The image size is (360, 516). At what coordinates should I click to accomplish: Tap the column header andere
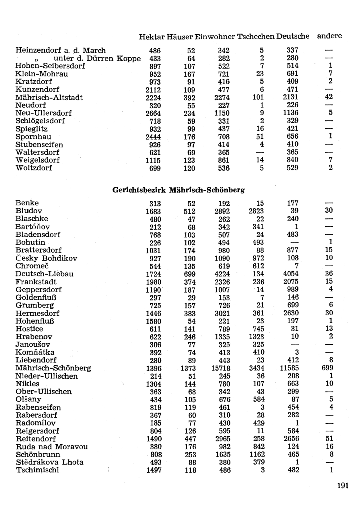coord(329,36)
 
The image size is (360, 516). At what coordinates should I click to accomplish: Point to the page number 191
coord(343,486)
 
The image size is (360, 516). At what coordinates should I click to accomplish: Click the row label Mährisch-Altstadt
coord(49,98)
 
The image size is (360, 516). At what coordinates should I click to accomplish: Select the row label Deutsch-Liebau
coord(44,274)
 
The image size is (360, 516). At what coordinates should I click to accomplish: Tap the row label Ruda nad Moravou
coord(51,447)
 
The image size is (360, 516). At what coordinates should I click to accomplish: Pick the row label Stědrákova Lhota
coord(49,462)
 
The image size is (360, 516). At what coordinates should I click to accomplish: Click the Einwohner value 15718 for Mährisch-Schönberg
coord(220,368)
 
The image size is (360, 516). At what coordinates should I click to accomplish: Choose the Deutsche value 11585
coord(289,368)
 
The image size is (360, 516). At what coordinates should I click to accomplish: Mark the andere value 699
coord(327,368)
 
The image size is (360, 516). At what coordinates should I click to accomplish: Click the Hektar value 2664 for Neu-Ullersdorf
coord(153,114)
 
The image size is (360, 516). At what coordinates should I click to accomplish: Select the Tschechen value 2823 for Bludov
coord(256,211)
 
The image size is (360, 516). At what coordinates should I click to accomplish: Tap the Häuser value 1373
coord(188,368)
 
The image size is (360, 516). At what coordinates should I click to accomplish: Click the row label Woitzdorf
coord(34,168)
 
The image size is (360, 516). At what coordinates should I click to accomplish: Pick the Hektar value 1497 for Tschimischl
coord(154,470)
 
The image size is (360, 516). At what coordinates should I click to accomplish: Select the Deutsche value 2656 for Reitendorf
coord(291,439)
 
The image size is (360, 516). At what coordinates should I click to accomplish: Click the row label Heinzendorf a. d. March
coord(60,51)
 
